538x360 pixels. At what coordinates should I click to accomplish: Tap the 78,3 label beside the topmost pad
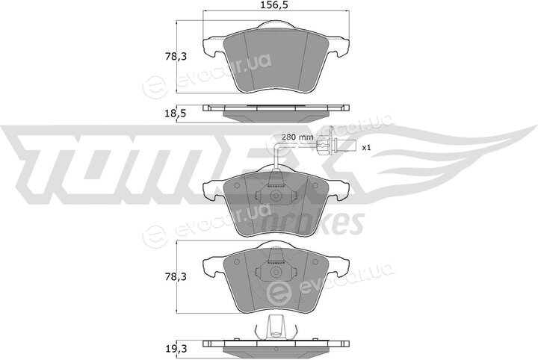point(176,57)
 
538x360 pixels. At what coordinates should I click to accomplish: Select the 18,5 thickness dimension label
point(176,113)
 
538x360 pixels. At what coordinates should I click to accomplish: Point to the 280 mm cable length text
point(297,137)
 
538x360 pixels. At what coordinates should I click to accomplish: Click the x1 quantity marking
point(367,148)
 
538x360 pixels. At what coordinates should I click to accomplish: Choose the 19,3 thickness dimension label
point(176,349)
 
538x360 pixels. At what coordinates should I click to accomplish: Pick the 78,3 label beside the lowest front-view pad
point(176,276)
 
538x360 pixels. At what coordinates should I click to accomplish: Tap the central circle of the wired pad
point(276,196)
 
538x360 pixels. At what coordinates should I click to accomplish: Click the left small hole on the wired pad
point(236,185)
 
